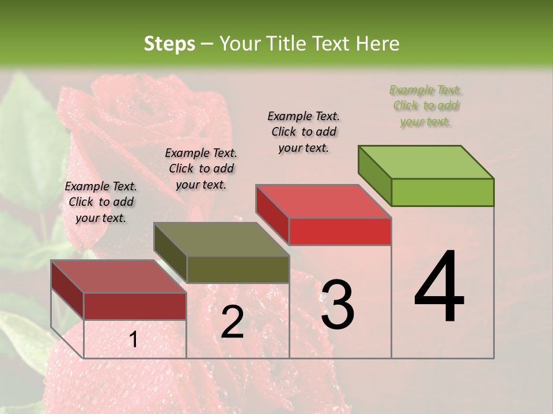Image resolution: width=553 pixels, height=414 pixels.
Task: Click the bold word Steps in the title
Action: [x=169, y=44]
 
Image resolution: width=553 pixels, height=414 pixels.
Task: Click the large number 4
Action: [x=439, y=287]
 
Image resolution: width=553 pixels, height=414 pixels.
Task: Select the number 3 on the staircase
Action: [x=337, y=305]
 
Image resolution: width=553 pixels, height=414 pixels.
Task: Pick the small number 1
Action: [x=133, y=340]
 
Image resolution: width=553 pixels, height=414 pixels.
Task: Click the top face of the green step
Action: [x=426, y=162]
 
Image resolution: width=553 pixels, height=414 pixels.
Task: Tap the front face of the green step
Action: [x=442, y=192]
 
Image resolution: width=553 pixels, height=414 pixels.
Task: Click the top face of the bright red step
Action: [x=323, y=201]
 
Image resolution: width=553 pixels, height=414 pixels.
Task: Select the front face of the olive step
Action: [x=238, y=269]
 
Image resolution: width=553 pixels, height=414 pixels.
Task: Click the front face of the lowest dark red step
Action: [x=135, y=306]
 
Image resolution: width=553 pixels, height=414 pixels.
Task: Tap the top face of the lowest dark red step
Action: [x=118, y=277]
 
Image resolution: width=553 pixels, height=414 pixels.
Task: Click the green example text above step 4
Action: [x=425, y=106]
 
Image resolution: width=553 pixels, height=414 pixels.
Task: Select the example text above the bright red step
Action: [x=304, y=132]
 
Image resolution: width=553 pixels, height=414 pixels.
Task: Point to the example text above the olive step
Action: [x=201, y=168]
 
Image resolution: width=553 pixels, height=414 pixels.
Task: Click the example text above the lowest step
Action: [x=101, y=202]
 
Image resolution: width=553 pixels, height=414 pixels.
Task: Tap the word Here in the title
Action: [x=378, y=44]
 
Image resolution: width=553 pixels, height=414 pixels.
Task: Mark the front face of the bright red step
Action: [x=340, y=231]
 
